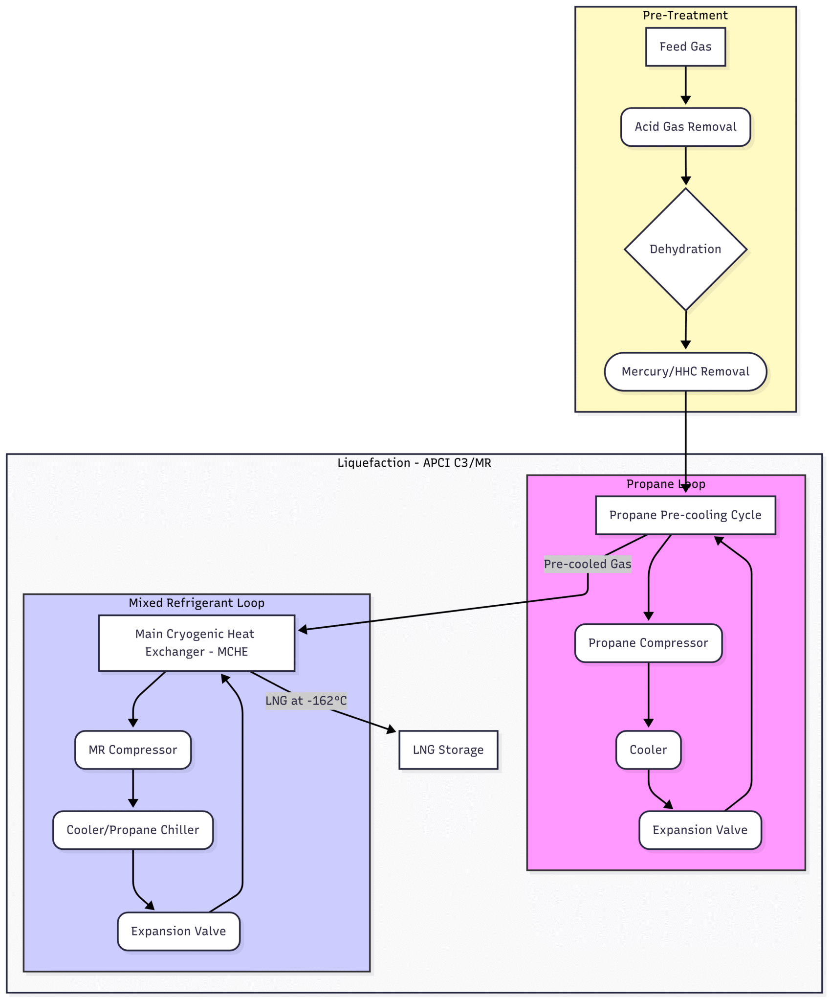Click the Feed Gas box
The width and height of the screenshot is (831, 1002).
click(x=685, y=47)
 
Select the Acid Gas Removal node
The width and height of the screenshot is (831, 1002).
click(x=685, y=127)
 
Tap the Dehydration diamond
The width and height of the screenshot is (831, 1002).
click(x=685, y=249)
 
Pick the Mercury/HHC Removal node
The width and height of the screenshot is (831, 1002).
click(x=685, y=372)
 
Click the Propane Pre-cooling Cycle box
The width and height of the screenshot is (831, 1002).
click(x=685, y=515)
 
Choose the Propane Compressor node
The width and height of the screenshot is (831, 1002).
click(x=648, y=643)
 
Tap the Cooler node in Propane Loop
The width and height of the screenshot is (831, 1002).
click(x=648, y=750)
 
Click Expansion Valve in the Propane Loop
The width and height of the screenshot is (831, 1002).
click(x=700, y=830)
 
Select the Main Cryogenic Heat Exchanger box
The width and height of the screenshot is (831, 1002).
click(x=197, y=643)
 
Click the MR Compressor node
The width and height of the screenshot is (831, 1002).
click(x=133, y=750)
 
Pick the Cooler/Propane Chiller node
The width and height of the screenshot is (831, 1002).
click(x=133, y=830)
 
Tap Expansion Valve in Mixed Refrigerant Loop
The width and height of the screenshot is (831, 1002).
click(x=178, y=931)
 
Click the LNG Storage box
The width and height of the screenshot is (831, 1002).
click(x=448, y=750)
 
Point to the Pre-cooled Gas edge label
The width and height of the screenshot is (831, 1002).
click(x=588, y=564)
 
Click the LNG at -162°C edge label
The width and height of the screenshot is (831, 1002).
click(x=306, y=701)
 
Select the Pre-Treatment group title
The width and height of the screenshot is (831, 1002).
click(x=685, y=16)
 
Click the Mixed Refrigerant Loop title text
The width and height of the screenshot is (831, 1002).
click(x=197, y=603)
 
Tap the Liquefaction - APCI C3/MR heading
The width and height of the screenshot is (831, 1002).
click(x=414, y=463)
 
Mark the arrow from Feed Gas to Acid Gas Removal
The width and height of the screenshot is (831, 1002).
click(x=685, y=86)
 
